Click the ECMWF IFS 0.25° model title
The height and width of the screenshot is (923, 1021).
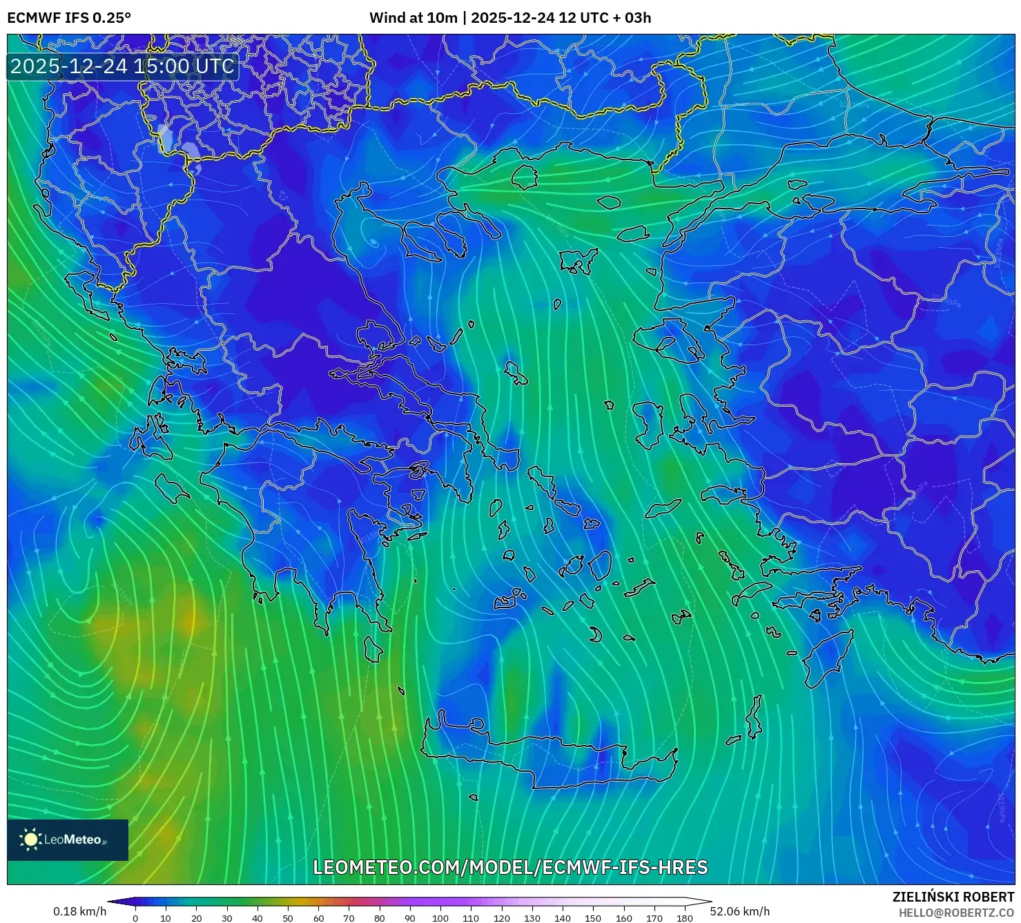pyautogui.click(x=68, y=18)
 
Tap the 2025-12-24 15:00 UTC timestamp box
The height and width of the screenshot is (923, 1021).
pyautogui.click(x=122, y=67)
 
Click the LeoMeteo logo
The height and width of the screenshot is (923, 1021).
pyautogui.click(x=67, y=839)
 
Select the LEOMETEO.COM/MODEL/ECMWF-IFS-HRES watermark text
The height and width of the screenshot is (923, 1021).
pyautogui.click(x=510, y=867)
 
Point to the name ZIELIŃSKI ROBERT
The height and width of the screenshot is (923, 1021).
pyautogui.click(x=953, y=897)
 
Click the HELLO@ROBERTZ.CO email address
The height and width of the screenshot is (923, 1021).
pyautogui.click(x=956, y=913)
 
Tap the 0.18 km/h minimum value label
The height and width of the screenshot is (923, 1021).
pyautogui.click(x=79, y=911)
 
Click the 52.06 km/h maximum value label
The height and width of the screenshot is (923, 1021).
pyautogui.click(x=739, y=911)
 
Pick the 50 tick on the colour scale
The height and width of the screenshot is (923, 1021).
pyautogui.click(x=288, y=918)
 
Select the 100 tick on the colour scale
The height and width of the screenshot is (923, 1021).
pyautogui.click(x=440, y=918)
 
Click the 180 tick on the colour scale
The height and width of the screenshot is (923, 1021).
pyautogui.click(x=684, y=918)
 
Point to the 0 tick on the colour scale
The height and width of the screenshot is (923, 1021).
pyautogui.click(x=135, y=918)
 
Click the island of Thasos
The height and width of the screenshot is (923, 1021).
pyautogui.click(x=525, y=177)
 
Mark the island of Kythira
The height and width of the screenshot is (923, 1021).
pyautogui.click(x=373, y=649)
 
